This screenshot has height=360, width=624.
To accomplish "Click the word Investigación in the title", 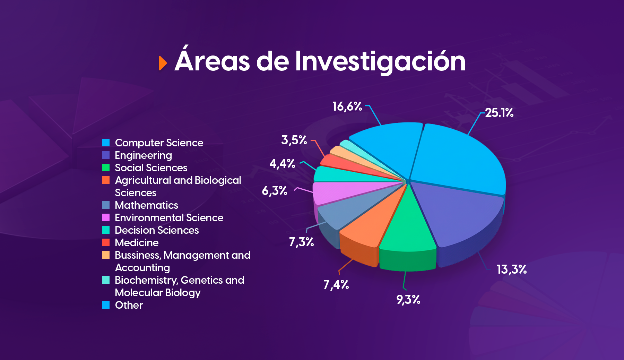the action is coord(380,61).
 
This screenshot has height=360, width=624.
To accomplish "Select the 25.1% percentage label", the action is coord(499,113).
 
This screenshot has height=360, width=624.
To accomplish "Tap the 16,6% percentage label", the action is coord(347,106).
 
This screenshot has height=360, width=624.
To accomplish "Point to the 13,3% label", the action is coord(512,269).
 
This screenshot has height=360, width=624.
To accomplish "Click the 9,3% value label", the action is coord(408,300).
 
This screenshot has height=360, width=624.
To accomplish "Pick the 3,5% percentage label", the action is coord(294,140).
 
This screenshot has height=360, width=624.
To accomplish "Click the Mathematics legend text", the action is coord(146,205).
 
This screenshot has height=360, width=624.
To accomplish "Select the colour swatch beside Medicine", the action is coord(106,242).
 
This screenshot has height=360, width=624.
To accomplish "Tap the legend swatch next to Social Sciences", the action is coord(106,168).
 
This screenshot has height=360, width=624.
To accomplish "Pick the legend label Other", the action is coord(129,305).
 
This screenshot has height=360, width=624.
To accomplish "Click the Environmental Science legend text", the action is coord(169,218).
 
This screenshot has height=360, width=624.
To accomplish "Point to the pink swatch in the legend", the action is coord(106,217).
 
